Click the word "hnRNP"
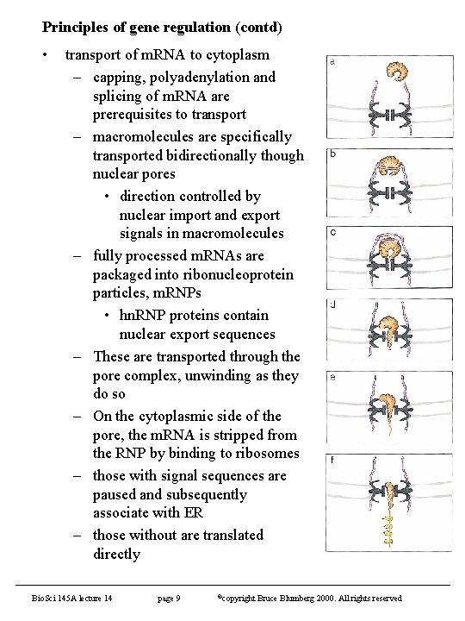click(143, 315)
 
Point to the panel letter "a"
click(332, 62)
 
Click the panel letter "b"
click(332, 154)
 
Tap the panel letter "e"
click(332, 377)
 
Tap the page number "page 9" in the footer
click(169, 598)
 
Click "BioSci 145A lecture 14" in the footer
click(72, 598)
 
